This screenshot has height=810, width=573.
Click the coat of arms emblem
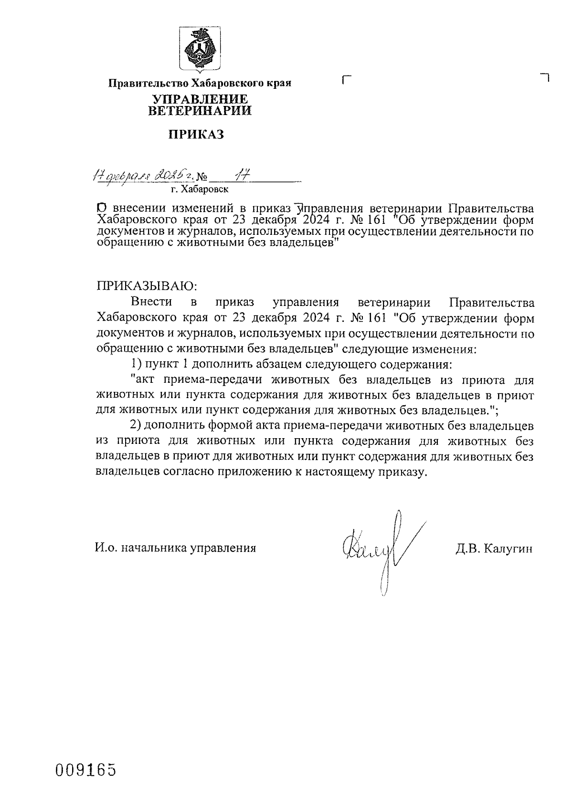pyautogui.click(x=200, y=50)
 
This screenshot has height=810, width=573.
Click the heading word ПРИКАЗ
pyautogui.click(x=196, y=135)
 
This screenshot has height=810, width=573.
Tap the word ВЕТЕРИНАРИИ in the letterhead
pyautogui.click(x=200, y=111)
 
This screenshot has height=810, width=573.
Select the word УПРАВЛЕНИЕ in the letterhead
pyautogui.click(x=200, y=99)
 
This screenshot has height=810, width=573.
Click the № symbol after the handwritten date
pyautogui.click(x=203, y=178)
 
